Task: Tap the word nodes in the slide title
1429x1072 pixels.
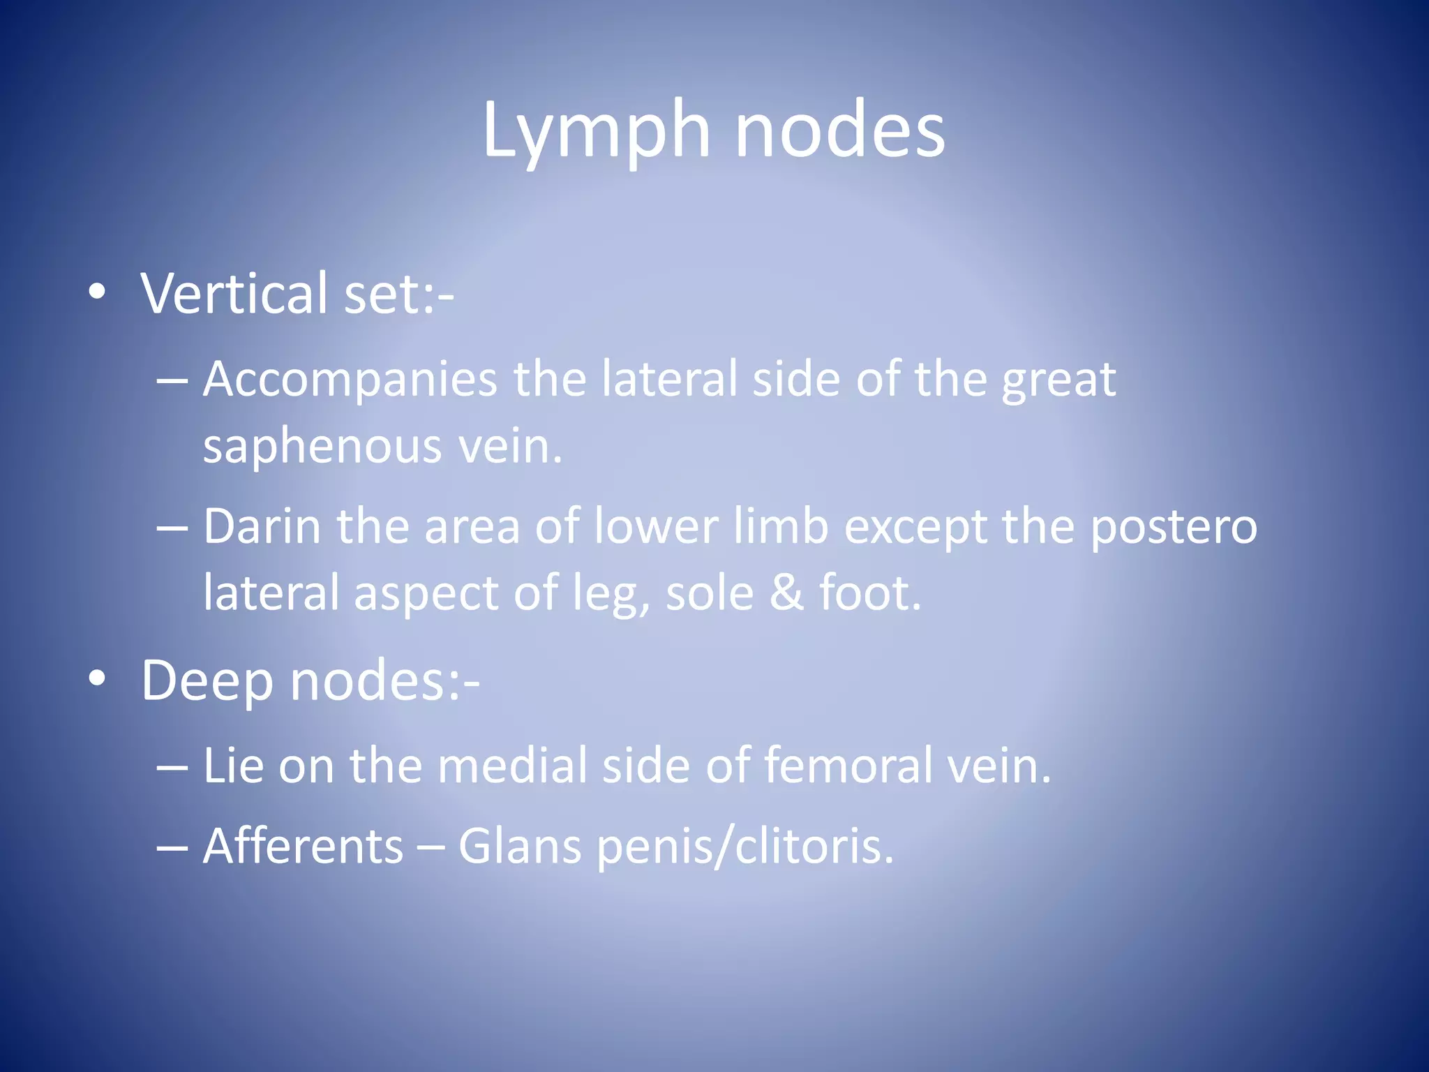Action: click(x=840, y=130)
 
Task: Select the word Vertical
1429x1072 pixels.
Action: click(x=234, y=293)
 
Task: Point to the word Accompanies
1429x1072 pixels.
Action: click(x=350, y=380)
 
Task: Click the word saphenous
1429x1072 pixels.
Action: click(x=322, y=447)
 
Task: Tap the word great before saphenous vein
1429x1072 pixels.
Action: click(x=1058, y=381)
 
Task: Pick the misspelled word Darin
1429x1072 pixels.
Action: click(x=262, y=526)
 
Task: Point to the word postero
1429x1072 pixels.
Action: click(x=1173, y=528)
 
